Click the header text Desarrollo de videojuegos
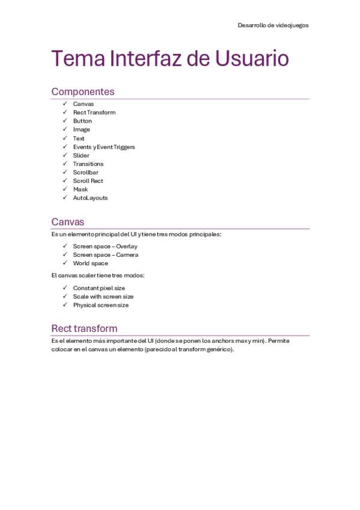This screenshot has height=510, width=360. [x=273, y=25]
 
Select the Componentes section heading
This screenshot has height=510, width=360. [x=83, y=92]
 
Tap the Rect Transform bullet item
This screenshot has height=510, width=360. [x=94, y=112]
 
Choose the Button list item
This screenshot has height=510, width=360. [x=82, y=121]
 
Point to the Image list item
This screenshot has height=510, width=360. [x=82, y=129]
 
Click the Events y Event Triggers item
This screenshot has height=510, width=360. [x=104, y=147]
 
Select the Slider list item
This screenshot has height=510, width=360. [x=81, y=155]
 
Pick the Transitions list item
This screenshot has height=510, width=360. [x=88, y=164]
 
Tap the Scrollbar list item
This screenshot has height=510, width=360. [x=86, y=173]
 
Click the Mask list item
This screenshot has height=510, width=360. [x=81, y=189]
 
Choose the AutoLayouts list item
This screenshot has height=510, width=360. [x=91, y=198]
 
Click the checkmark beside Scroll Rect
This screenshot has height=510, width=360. [x=65, y=180]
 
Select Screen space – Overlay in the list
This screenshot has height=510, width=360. [x=105, y=247]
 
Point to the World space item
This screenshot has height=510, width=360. [x=91, y=263]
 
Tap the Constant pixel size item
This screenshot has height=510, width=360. [x=99, y=288]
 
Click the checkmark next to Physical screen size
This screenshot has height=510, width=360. [x=65, y=305]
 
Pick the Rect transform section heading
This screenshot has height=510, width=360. [x=84, y=328]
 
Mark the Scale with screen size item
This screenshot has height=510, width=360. [x=103, y=296]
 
